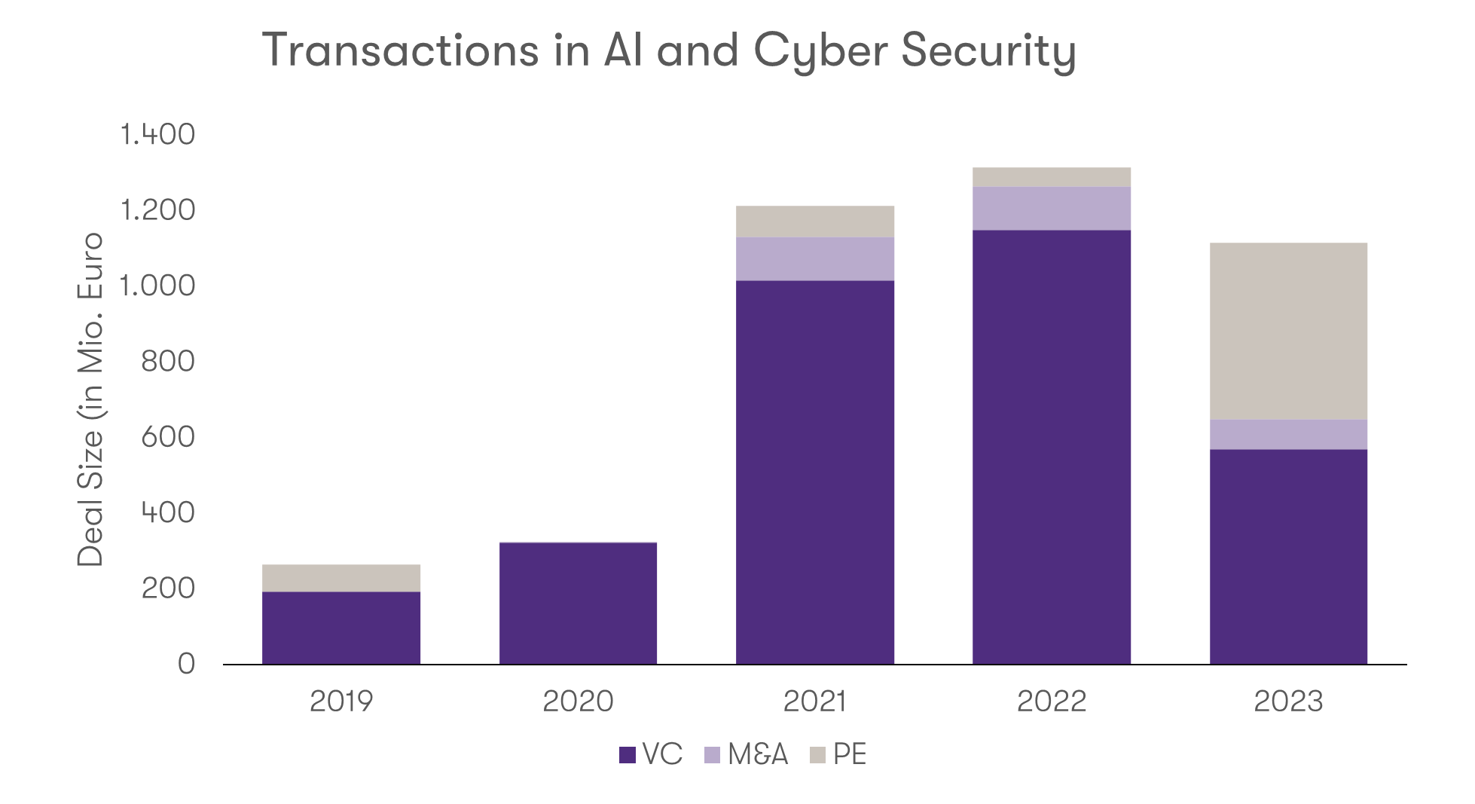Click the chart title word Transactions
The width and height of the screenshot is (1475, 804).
[x=400, y=50]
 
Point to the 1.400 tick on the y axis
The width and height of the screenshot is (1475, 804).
[x=157, y=135]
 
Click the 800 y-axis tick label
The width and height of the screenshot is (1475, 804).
[x=167, y=362]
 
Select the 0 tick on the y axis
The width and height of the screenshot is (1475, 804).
[x=185, y=664]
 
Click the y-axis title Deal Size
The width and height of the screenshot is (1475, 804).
[x=90, y=497]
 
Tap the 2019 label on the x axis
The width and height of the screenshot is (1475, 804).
[x=341, y=702]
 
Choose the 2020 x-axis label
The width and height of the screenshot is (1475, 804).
[x=578, y=702]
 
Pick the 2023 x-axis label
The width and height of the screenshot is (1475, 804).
[x=1288, y=702]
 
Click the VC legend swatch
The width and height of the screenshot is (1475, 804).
[x=628, y=755]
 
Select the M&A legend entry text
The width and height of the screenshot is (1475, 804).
[x=758, y=754]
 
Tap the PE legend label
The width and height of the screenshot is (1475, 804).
[x=850, y=754]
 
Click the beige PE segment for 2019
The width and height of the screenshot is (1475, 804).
[x=341, y=578]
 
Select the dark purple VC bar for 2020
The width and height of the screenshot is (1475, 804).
[x=578, y=603]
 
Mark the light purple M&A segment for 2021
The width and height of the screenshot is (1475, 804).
[x=815, y=258]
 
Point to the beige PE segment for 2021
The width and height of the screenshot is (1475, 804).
[x=815, y=221]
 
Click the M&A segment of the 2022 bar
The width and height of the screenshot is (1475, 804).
[x=1052, y=208]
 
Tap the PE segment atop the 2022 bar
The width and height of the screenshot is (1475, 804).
[x=1052, y=176]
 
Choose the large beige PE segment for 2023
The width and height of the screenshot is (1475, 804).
[x=1288, y=331]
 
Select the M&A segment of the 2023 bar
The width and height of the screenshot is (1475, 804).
[x=1288, y=434]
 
